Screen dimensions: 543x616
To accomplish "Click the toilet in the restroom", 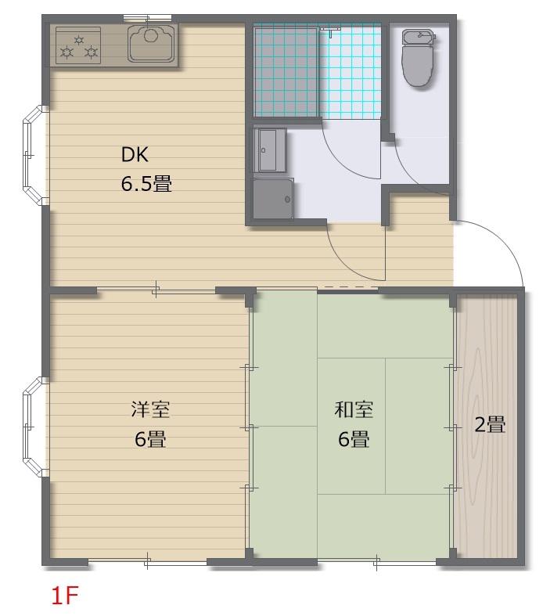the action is pos(419,58).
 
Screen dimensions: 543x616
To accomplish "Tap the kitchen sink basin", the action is pos(152,43).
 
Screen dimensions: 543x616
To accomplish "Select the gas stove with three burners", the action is pos(78,45).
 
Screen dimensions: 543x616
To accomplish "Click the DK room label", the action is pos(135,154).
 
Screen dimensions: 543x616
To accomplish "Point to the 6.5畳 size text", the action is pos(146,183).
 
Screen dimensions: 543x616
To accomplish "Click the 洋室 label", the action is pos(150,409).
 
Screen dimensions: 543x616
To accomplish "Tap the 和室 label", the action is pos(354,409).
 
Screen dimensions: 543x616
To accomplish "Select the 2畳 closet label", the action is pos(490,424).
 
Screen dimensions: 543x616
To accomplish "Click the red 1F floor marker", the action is pos(65,595).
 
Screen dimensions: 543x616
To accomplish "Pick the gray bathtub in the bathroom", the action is pos(286,72).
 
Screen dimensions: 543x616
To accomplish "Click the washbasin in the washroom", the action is pos(269,150).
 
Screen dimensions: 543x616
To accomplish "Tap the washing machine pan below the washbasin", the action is pos(273,198).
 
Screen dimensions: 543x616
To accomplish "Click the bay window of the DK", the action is pos(35,155).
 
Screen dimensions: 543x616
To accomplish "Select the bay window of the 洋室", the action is pos(35,427).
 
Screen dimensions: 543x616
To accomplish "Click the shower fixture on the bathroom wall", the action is pos(331,31).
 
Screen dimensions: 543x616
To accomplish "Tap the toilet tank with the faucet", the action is pos(419,36).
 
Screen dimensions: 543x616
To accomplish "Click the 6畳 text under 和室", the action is pos(354,439).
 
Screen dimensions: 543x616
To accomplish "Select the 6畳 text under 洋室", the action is pos(150,439).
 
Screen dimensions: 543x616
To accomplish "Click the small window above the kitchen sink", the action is pos(147,17).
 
